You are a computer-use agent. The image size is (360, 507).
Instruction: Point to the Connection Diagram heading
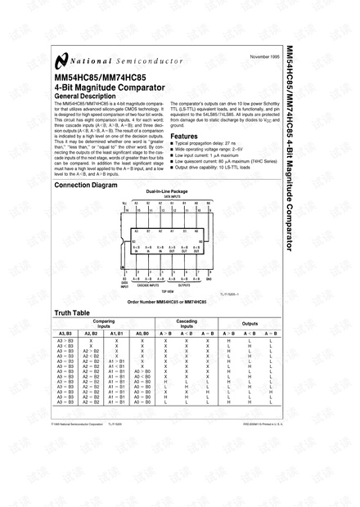[91, 185]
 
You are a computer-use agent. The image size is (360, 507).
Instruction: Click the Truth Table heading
[71, 313]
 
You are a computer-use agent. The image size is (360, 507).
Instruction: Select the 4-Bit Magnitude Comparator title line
[108, 87]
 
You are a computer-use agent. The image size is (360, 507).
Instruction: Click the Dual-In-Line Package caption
[166, 191]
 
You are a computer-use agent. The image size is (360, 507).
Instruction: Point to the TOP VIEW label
[167, 290]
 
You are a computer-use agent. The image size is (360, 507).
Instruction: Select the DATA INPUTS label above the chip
[166, 196]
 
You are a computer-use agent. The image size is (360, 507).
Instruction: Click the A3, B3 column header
[66, 334]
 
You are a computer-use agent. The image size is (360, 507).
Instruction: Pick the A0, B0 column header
[142, 334]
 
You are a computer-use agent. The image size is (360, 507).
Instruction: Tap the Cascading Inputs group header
[187, 325]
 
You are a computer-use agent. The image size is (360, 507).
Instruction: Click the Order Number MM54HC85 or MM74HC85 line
[167, 302]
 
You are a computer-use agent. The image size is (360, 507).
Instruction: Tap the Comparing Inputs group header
[104, 325]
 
